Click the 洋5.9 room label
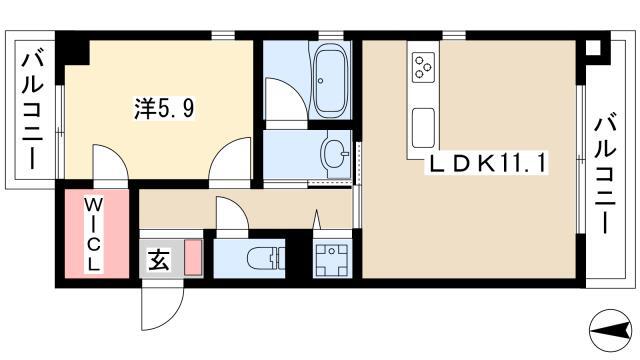coord(164,109)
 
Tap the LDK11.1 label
coord(486,164)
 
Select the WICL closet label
coord(93,235)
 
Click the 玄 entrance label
coord(158,260)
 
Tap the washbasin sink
coord(336,153)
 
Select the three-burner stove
coord(423,67)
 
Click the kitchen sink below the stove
coord(423,128)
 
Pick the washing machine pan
coord(332,259)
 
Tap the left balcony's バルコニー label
coord(32,109)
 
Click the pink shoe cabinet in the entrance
coord(193,257)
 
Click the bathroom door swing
coord(286,98)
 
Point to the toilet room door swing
coord(232,214)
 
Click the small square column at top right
coord(593,48)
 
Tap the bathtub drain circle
coord(320,81)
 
